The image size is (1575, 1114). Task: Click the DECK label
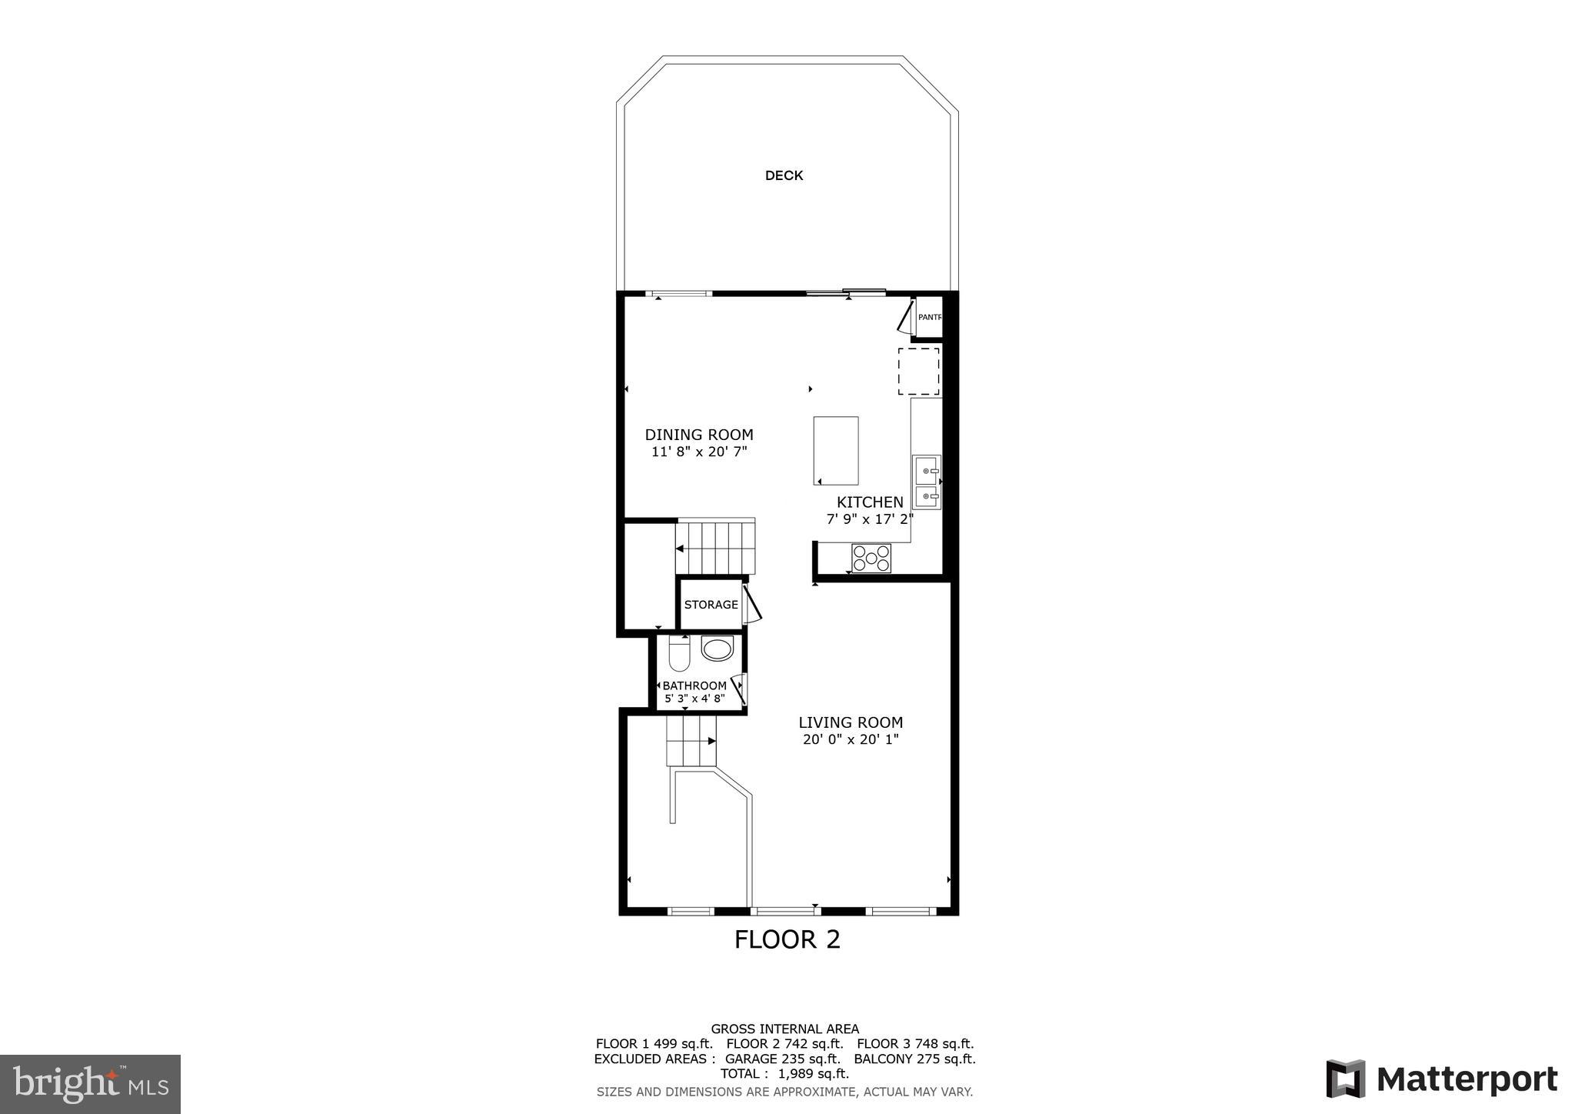(784, 176)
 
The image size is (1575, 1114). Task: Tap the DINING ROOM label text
(698, 435)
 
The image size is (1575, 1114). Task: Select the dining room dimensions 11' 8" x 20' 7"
(698, 452)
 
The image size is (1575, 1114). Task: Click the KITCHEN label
(870, 502)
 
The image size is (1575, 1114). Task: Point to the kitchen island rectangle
(836, 451)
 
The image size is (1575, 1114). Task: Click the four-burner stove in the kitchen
(871, 559)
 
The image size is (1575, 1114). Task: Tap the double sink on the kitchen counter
(927, 482)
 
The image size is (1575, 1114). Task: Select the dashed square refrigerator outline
(919, 372)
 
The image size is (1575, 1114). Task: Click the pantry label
(929, 317)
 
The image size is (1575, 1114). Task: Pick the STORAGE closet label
(711, 605)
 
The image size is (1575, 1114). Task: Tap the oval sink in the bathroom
(718, 650)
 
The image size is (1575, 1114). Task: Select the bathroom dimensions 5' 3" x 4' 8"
(694, 699)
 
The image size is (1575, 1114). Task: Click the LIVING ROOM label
(851, 722)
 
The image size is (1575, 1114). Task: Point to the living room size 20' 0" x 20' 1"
(851, 740)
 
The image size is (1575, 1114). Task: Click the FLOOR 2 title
(787, 940)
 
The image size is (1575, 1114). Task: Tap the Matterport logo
(1441, 1079)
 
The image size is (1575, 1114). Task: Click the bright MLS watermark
(90, 1084)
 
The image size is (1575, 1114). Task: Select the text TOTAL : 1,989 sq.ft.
(784, 1074)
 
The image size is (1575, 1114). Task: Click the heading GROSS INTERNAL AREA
(784, 1029)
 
